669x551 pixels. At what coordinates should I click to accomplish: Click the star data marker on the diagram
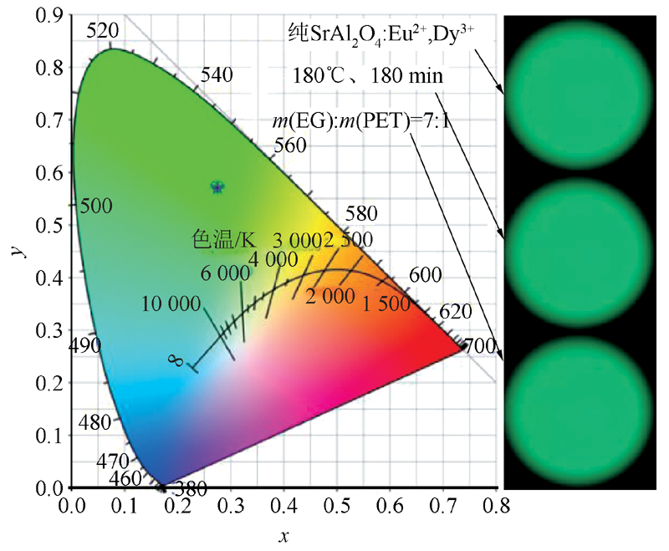pyautogui.click(x=217, y=186)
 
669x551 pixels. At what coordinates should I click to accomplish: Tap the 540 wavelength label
pyautogui.click(x=217, y=74)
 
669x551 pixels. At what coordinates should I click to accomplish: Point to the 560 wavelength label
pyautogui.click(x=290, y=145)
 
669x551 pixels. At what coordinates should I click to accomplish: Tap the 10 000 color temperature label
pyautogui.click(x=171, y=302)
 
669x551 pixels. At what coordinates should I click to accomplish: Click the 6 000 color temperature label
pyautogui.click(x=225, y=273)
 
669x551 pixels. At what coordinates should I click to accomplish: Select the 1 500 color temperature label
pyautogui.click(x=386, y=304)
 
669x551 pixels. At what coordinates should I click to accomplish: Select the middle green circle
pyautogui.click(x=582, y=251)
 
